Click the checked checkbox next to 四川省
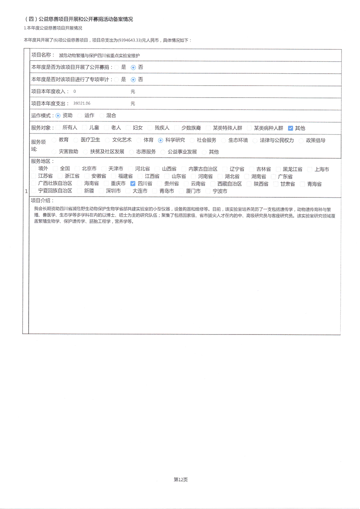pos(133,184)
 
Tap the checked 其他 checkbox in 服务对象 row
pos(290,128)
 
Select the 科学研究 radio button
pos(160,140)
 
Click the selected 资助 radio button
pos(58,116)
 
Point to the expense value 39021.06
pos(82,103)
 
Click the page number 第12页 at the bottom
pos(181,480)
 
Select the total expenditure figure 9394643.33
pos(131,40)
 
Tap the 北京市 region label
pos(89,169)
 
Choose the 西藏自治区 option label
pos(229,184)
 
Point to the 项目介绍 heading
pos(42,200)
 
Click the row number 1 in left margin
pos(26,191)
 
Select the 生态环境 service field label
pos(238,140)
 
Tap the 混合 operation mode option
pos(111,116)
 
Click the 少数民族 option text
pos(191,128)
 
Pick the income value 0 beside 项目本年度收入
pos(75,91)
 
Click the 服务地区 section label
pos(42,161)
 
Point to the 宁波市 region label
pos(220,191)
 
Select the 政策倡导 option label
pos(315,140)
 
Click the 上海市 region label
pos(322,169)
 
